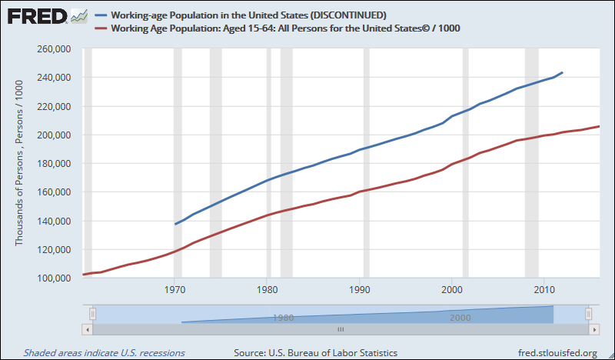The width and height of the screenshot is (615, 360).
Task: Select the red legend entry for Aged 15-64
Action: pyautogui.click(x=285, y=28)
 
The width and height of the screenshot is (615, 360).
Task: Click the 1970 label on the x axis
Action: pyautogui.click(x=175, y=290)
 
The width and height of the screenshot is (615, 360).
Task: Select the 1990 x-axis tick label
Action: pyautogui.click(x=360, y=290)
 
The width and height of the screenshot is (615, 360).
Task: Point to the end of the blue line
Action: pyautogui.click(x=563, y=73)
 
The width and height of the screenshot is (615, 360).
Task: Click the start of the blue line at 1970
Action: pyautogui.click(x=175, y=224)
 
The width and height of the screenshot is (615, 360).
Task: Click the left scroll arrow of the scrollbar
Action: pyautogui.click(x=88, y=329)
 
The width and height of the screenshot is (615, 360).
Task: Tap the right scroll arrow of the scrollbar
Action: pyautogui.click(x=593, y=329)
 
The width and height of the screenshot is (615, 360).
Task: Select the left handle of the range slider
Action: pyautogui.click(x=92, y=314)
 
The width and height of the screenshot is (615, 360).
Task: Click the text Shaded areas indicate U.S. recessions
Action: pyautogui.click(x=104, y=352)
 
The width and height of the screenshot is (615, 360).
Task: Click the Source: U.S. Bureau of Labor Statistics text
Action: pyautogui.click(x=315, y=352)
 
